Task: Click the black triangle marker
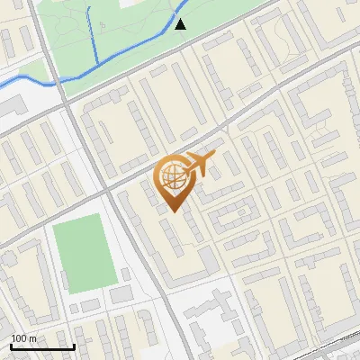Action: pos(180,24)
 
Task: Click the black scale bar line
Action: pos(42,347)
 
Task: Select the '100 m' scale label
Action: pos(23,338)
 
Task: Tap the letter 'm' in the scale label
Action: pos(32,338)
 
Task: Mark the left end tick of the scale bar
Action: pos(11,346)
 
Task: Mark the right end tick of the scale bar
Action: pos(74,346)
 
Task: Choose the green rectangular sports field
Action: pos(83,253)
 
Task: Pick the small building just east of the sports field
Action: pos(125,274)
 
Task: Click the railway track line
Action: pos(333,346)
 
